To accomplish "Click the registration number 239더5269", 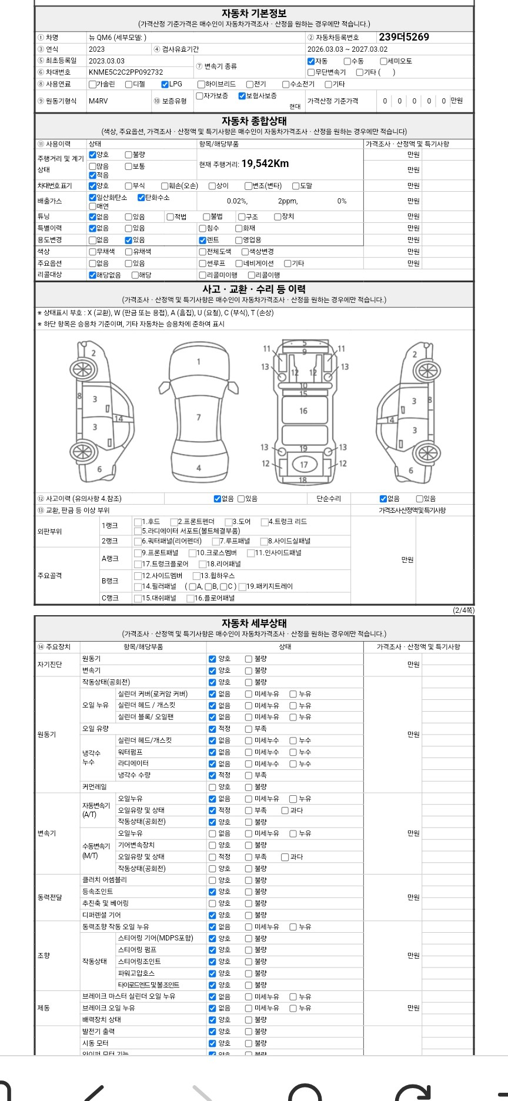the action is tap(404, 37).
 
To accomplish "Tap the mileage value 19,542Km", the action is tap(265, 164).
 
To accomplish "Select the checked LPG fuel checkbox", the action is tap(165, 84).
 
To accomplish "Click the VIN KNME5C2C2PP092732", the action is tap(126, 72).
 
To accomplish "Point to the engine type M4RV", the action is tap(98, 101).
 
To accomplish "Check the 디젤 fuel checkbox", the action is tap(129, 84).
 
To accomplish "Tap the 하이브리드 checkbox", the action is tap(202, 84).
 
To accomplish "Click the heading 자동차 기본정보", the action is tap(254, 13).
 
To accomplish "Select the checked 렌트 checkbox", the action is tap(203, 240).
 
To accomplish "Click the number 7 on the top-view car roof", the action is tap(199, 418).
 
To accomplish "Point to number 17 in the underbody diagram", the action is tap(304, 465).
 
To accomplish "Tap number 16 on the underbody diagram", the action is tap(303, 411).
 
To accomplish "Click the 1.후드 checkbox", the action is tap(138, 522).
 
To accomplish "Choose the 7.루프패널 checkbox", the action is tap(215, 541).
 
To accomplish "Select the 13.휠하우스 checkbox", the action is tap(196, 576).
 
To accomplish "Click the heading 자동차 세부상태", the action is tap(254, 623).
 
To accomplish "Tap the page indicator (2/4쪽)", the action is tap(463, 610).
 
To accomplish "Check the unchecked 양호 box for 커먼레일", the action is tap(212, 787).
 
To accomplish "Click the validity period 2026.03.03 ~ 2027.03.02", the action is tap(347, 49).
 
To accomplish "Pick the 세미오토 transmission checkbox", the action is tap(383, 61).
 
